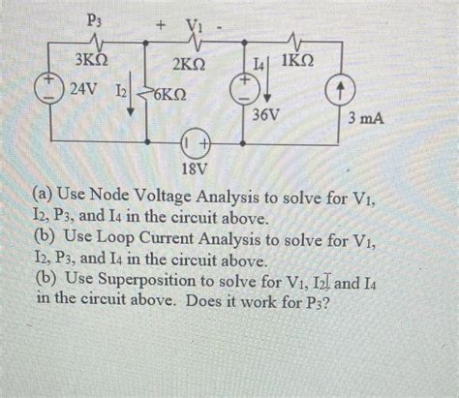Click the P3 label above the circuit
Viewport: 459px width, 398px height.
click(95, 18)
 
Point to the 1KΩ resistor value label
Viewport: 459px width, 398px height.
click(299, 65)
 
